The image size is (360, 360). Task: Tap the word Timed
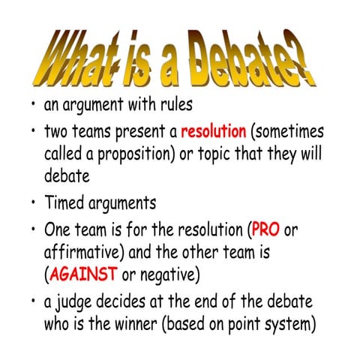pyautogui.click(x=65, y=203)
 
